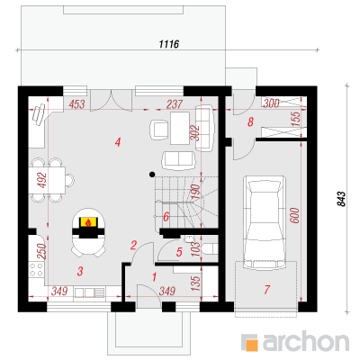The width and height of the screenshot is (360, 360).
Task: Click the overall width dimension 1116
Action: tap(168, 44)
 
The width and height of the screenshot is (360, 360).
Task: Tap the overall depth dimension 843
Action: tap(341, 199)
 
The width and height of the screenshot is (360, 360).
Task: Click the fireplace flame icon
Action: tap(88, 222)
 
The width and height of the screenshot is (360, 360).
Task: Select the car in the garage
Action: tap(264, 222)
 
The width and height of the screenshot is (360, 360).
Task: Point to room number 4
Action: tap(118, 142)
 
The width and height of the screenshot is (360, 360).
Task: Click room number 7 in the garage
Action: tap(266, 290)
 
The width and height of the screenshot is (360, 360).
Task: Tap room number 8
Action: tap(250, 121)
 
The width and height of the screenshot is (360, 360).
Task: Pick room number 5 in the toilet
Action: tap(179, 252)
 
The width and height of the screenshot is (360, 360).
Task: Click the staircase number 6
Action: tap(166, 217)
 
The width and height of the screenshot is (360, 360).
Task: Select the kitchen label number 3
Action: tap(79, 271)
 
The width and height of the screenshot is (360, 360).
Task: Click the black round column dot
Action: tap(152, 174)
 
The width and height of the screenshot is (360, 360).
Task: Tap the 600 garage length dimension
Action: tap(295, 215)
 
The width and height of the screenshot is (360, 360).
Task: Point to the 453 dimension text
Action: tap(76, 104)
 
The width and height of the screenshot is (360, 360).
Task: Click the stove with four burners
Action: tap(36, 269)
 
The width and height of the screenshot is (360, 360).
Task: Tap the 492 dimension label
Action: tap(43, 180)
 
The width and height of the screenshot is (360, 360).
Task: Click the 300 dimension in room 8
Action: tap(272, 103)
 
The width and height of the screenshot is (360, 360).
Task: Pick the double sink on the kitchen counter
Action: tap(89, 292)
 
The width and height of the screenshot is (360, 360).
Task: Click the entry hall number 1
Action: tap(154, 277)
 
